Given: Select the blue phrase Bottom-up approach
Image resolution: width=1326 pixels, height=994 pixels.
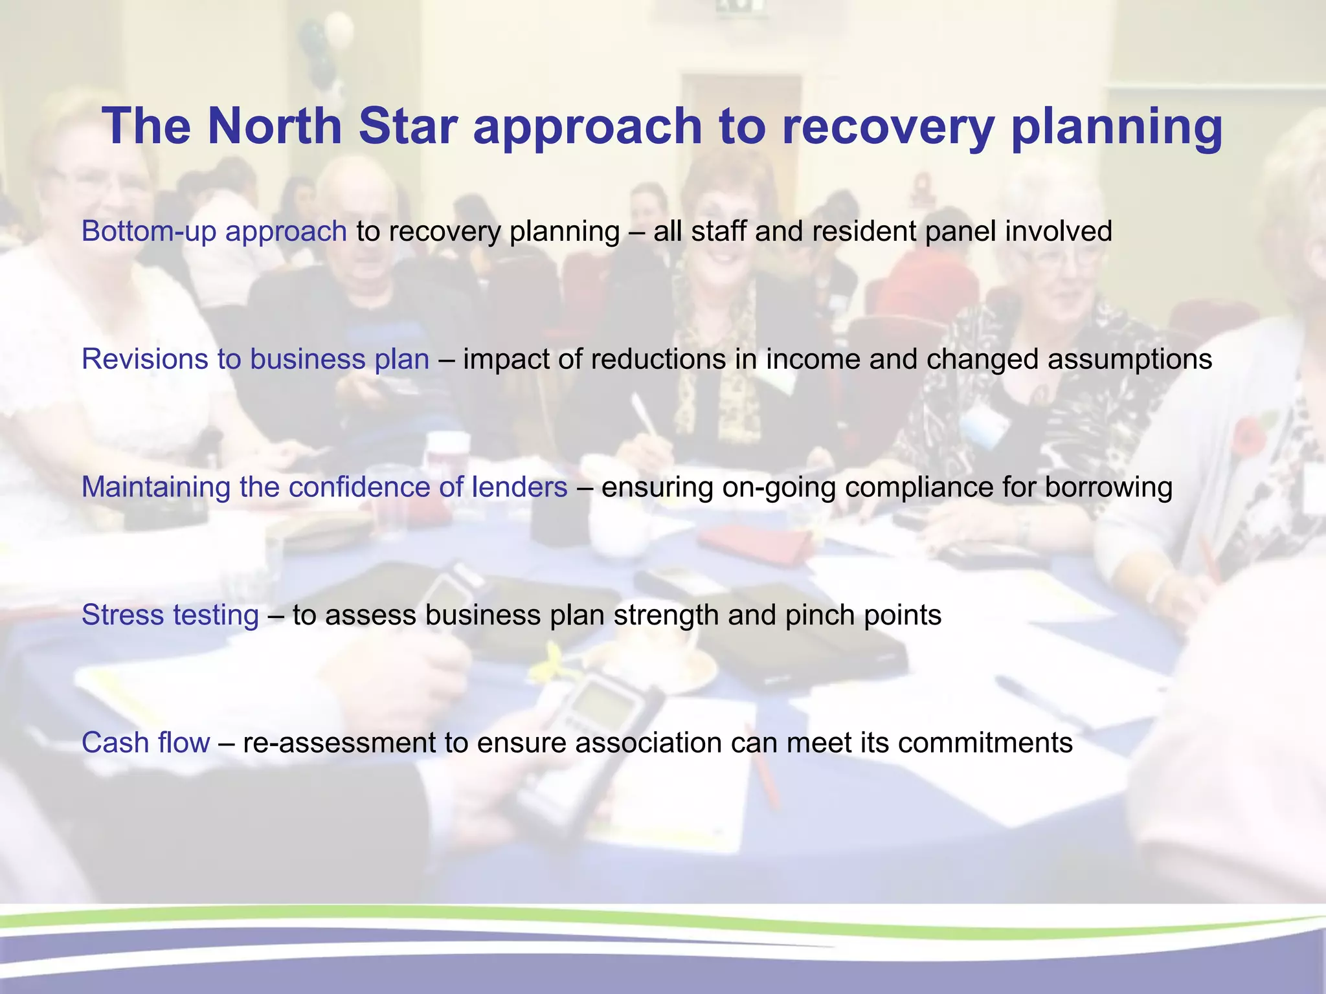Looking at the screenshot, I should pos(214,232).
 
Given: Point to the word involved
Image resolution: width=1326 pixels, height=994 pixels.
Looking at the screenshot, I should pos(1058,232).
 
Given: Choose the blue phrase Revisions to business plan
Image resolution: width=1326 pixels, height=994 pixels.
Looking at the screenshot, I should pos(255,359).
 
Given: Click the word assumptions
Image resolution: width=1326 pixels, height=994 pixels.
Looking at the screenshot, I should pos(1129,359).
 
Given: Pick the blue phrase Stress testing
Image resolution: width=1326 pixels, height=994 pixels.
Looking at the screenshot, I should pos(170,615).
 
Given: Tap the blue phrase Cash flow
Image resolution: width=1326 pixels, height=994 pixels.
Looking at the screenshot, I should pos(146,742).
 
